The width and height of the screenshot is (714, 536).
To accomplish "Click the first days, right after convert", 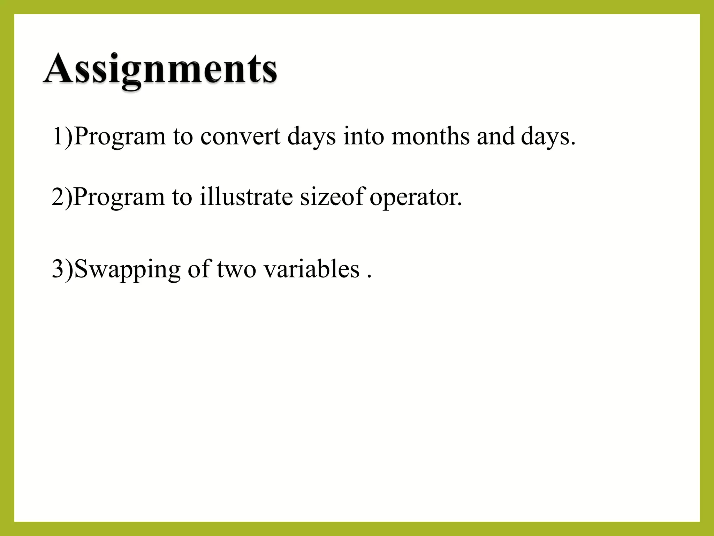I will tap(311, 137).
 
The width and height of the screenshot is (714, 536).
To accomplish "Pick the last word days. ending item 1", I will tap(548, 137).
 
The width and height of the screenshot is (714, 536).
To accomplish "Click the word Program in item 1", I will tap(120, 137).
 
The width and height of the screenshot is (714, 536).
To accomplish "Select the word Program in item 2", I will tap(119, 198).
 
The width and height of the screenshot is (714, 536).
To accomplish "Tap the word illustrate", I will tap(246, 197).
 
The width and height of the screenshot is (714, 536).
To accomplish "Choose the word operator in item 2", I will tap(416, 198).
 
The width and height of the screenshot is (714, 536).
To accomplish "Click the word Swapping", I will tap(127, 270).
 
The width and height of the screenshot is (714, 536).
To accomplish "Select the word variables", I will tap(311, 269).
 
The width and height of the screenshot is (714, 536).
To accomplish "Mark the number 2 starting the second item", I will tap(58, 197).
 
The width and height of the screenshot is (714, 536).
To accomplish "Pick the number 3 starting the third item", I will tap(58, 269).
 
